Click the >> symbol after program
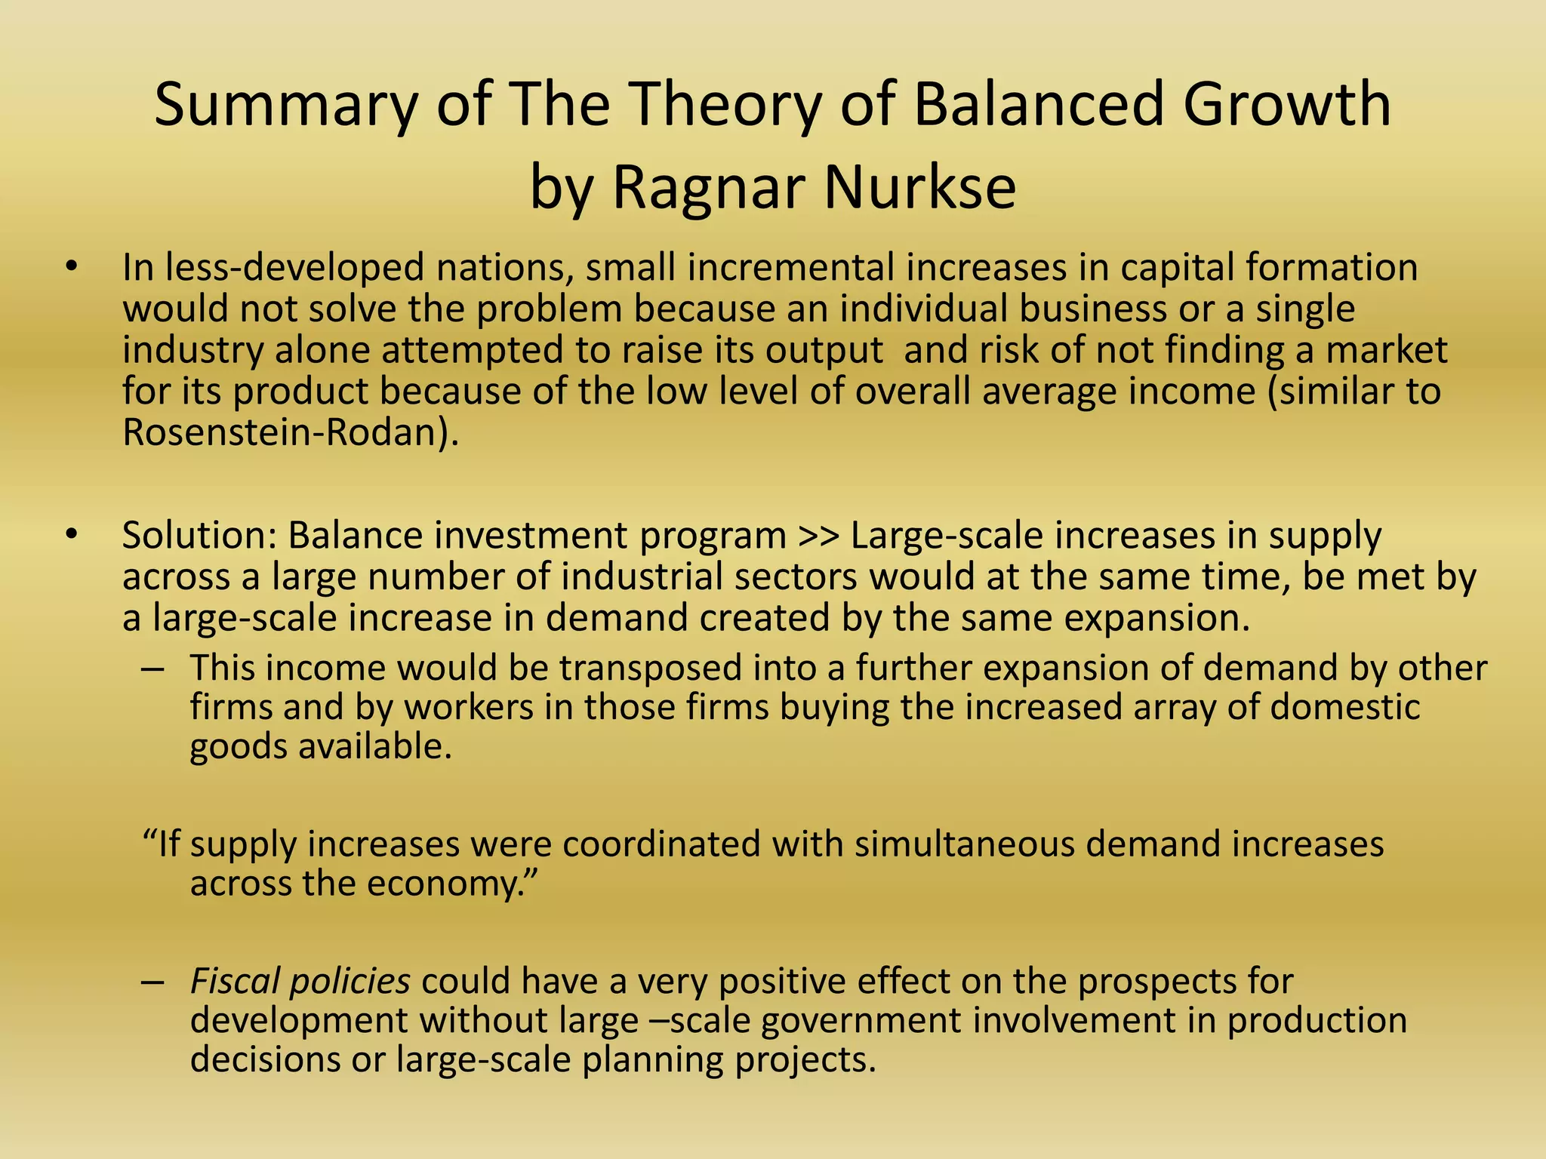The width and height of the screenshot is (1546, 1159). tap(818, 536)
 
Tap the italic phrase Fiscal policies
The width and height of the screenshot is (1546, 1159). tap(300, 982)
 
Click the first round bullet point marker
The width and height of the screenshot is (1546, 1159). tap(71, 267)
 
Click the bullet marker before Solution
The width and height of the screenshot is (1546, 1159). tap(71, 535)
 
